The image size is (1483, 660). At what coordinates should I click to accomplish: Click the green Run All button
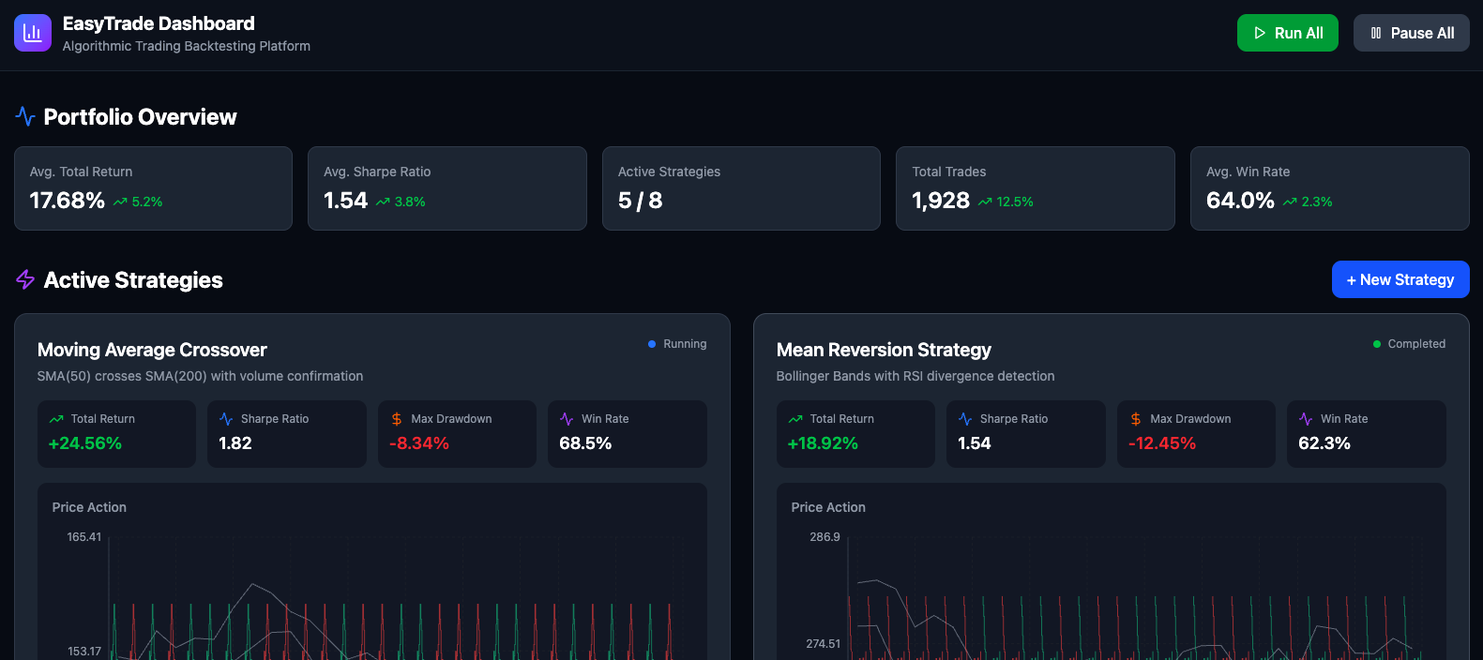(1287, 33)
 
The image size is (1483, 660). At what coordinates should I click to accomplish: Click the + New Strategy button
(1400, 279)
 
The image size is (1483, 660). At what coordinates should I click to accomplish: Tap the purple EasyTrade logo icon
(33, 33)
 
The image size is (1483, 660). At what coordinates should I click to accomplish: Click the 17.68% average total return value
(68, 201)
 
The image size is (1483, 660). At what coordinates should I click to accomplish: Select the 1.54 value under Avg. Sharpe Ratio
(345, 201)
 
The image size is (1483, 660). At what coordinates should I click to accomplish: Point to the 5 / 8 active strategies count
(640, 201)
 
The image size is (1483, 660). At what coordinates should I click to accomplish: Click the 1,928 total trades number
(941, 201)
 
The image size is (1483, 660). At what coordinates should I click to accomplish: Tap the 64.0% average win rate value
(1240, 201)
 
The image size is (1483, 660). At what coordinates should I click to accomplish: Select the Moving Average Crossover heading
(152, 350)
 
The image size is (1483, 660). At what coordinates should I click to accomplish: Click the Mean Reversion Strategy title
(884, 350)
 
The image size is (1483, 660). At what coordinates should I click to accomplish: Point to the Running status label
(684, 344)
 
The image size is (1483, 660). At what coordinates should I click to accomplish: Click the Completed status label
(1415, 344)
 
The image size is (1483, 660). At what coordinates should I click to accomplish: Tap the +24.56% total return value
(85, 443)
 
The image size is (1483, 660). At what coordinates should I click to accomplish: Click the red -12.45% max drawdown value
(1162, 443)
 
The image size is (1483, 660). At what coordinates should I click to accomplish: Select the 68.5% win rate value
(585, 443)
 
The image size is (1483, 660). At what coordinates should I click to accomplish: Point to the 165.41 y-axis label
(84, 537)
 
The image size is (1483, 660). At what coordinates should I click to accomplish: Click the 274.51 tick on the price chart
(823, 644)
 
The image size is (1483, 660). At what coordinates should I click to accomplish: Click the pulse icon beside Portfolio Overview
(25, 116)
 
